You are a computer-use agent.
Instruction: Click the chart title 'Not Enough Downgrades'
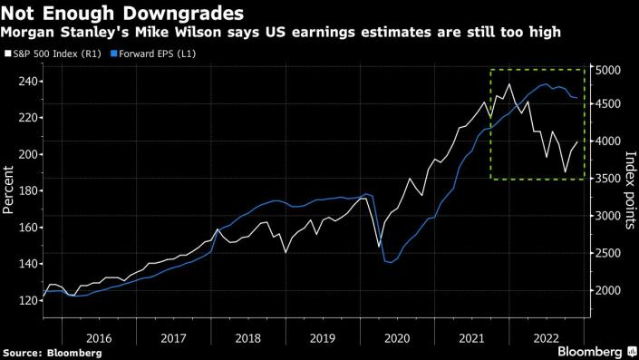point(123,14)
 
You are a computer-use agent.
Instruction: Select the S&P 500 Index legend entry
point(52,53)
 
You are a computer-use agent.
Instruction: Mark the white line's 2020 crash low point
point(379,246)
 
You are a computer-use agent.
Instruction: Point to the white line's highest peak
point(509,84)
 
